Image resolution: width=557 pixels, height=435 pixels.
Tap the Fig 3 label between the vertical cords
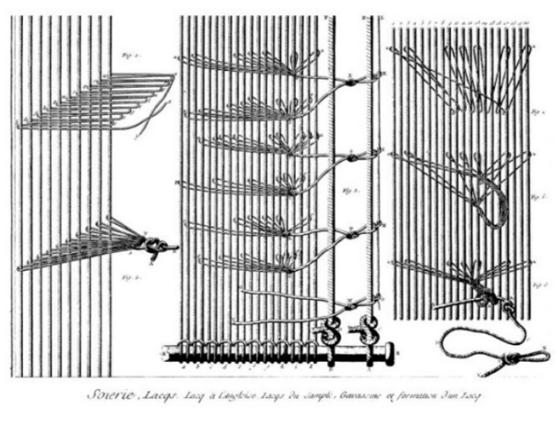(x=347, y=192)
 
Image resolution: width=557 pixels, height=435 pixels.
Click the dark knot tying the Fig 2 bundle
(x=154, y=247)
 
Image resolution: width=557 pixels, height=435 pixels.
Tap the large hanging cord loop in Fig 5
(x=494, y=207)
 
